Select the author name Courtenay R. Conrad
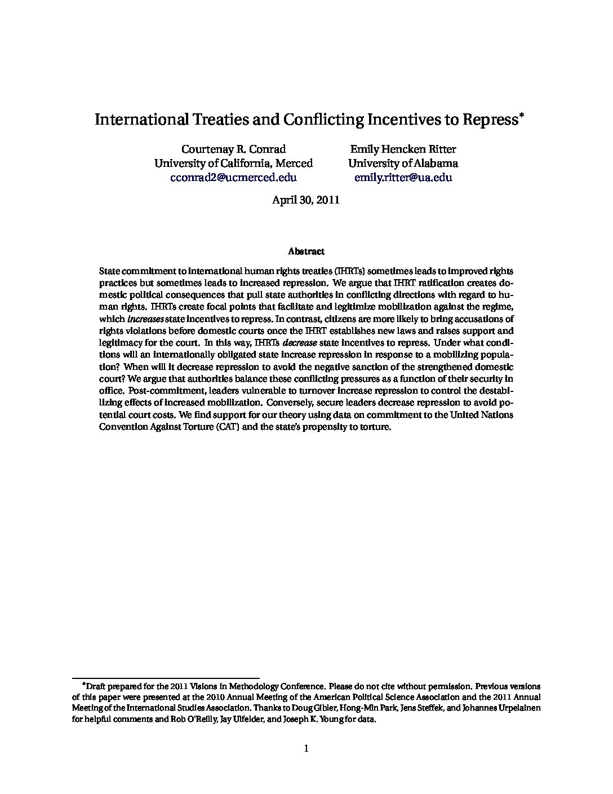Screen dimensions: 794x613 [x=233, y=149]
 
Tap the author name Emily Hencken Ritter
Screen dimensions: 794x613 [x=403, y=149]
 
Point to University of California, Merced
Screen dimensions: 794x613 [x=233, y=164]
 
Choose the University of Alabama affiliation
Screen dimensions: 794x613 [x=403, y=164]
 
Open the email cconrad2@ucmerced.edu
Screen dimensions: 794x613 [x=233, y=178]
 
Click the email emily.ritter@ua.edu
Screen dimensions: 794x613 [x=403, y=178]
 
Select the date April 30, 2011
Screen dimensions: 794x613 [x=306, y=200]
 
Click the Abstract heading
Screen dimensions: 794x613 [x=306, y=252]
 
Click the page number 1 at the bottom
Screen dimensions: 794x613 [x=306, y=749]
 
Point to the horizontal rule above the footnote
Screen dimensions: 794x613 [x=166, y=678]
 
